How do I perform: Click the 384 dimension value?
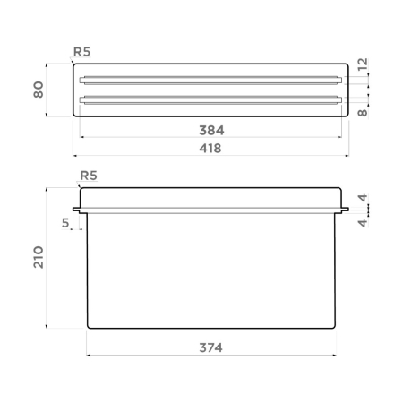[x=211, y=130]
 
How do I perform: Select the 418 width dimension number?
[x=211, y=148]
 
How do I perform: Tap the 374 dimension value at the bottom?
[x=211, y=347]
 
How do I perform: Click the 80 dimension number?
[x=39, y=90]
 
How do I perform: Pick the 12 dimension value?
[x=362, y=64]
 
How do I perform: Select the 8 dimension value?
[x=362, y=113]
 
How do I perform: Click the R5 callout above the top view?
[x=81, y=52]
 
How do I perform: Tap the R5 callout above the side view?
[x=90, y=175]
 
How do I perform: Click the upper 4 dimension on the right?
[x=362, y=198]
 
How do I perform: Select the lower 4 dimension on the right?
[x=362, y=222]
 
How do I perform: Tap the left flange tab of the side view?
[x=78, y=213]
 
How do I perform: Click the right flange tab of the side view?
[x=345, y=213]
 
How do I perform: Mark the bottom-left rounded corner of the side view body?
[x=89, y=327]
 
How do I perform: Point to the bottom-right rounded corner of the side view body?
[x=334, y=327]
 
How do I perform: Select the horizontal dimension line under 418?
[x=211, y=155]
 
